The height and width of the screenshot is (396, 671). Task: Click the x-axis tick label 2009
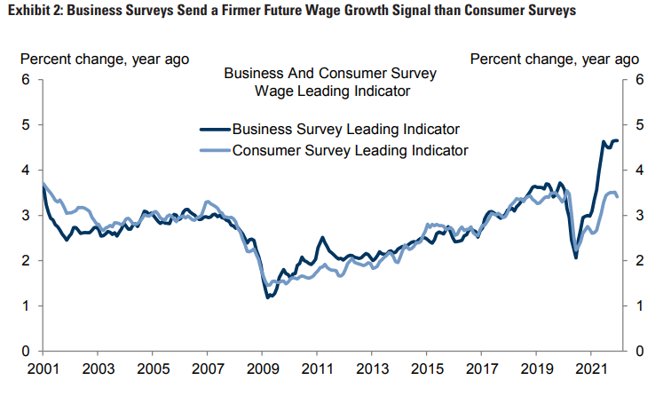(263, 368)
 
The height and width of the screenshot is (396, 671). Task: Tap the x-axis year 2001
(43, 368)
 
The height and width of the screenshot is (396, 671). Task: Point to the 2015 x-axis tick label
(427, 368)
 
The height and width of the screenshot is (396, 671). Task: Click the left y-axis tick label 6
(27, 79)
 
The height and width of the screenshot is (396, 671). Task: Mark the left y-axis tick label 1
(27, 306)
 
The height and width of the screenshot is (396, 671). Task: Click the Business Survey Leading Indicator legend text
(345, 130)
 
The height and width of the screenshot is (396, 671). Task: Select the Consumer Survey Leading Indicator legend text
(350, 150)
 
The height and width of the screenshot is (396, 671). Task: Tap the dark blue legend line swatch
(215, 130)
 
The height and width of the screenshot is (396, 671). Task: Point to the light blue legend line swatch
(215, 150)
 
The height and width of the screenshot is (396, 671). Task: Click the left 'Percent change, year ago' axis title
(105, 59)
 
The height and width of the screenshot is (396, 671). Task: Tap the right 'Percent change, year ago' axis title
(554, 59)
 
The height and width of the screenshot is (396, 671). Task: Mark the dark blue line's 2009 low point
(268, 297)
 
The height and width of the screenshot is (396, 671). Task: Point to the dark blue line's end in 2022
(618, 140)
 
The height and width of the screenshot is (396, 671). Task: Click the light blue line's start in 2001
(43, 184)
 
